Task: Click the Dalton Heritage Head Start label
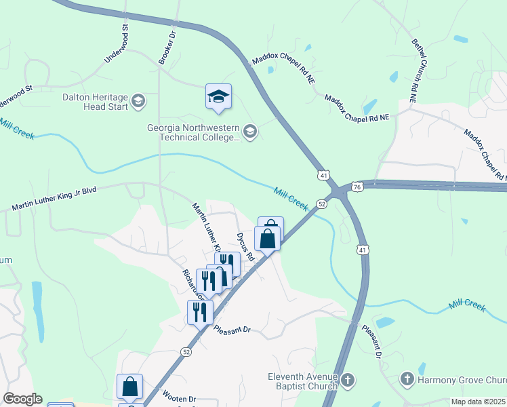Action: (x=95, y=102)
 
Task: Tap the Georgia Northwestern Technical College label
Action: (x=194, y=132)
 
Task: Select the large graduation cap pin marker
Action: (x=219, y=97)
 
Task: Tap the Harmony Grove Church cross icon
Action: (x=407, y=379)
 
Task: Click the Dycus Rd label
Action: (x=245, y=247)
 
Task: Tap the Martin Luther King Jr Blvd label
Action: (x=54, y=199)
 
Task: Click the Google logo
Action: (x=22, y=399)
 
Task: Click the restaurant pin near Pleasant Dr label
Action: (x=200, y=311)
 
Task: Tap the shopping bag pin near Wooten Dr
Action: (x=129, y=387)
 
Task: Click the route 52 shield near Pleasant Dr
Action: (x=186, y=351)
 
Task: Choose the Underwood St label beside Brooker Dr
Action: (x=116, y=43)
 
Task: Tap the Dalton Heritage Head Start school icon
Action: (x=139, y=102)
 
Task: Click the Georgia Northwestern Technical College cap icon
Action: (x=250, y=132)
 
